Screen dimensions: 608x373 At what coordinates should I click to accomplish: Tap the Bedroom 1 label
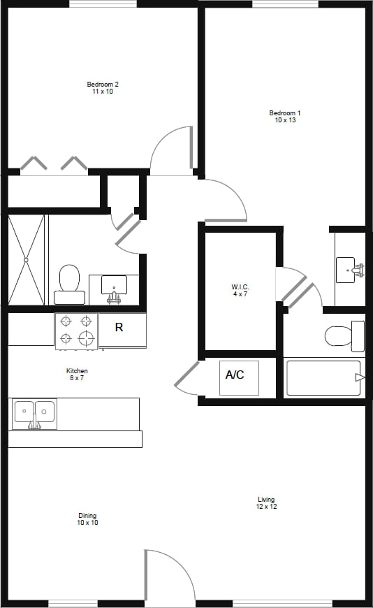pos(285,117)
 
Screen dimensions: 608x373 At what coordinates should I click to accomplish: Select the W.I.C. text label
pos(240,290)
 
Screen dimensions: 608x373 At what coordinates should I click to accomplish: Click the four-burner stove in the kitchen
pos(76,331)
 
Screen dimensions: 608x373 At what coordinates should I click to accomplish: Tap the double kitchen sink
pos(34,414)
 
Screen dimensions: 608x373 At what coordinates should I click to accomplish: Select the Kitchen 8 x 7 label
pos(77,374)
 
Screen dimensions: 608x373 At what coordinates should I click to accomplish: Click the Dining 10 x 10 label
pos(87,519)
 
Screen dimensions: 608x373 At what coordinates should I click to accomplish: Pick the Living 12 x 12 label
pos(266,502)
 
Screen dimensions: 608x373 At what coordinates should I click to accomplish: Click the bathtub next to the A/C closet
pos(323,378)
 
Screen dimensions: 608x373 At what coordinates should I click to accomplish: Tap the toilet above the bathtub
pos(343,336)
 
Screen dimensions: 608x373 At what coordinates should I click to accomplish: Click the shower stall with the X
pos(26,259)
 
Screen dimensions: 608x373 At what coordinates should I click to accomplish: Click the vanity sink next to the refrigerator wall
pos(114,287)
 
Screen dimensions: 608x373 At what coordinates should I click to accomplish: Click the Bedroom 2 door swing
pos(172,149)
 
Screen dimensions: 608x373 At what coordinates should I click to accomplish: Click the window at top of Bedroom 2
pos(103,3)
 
